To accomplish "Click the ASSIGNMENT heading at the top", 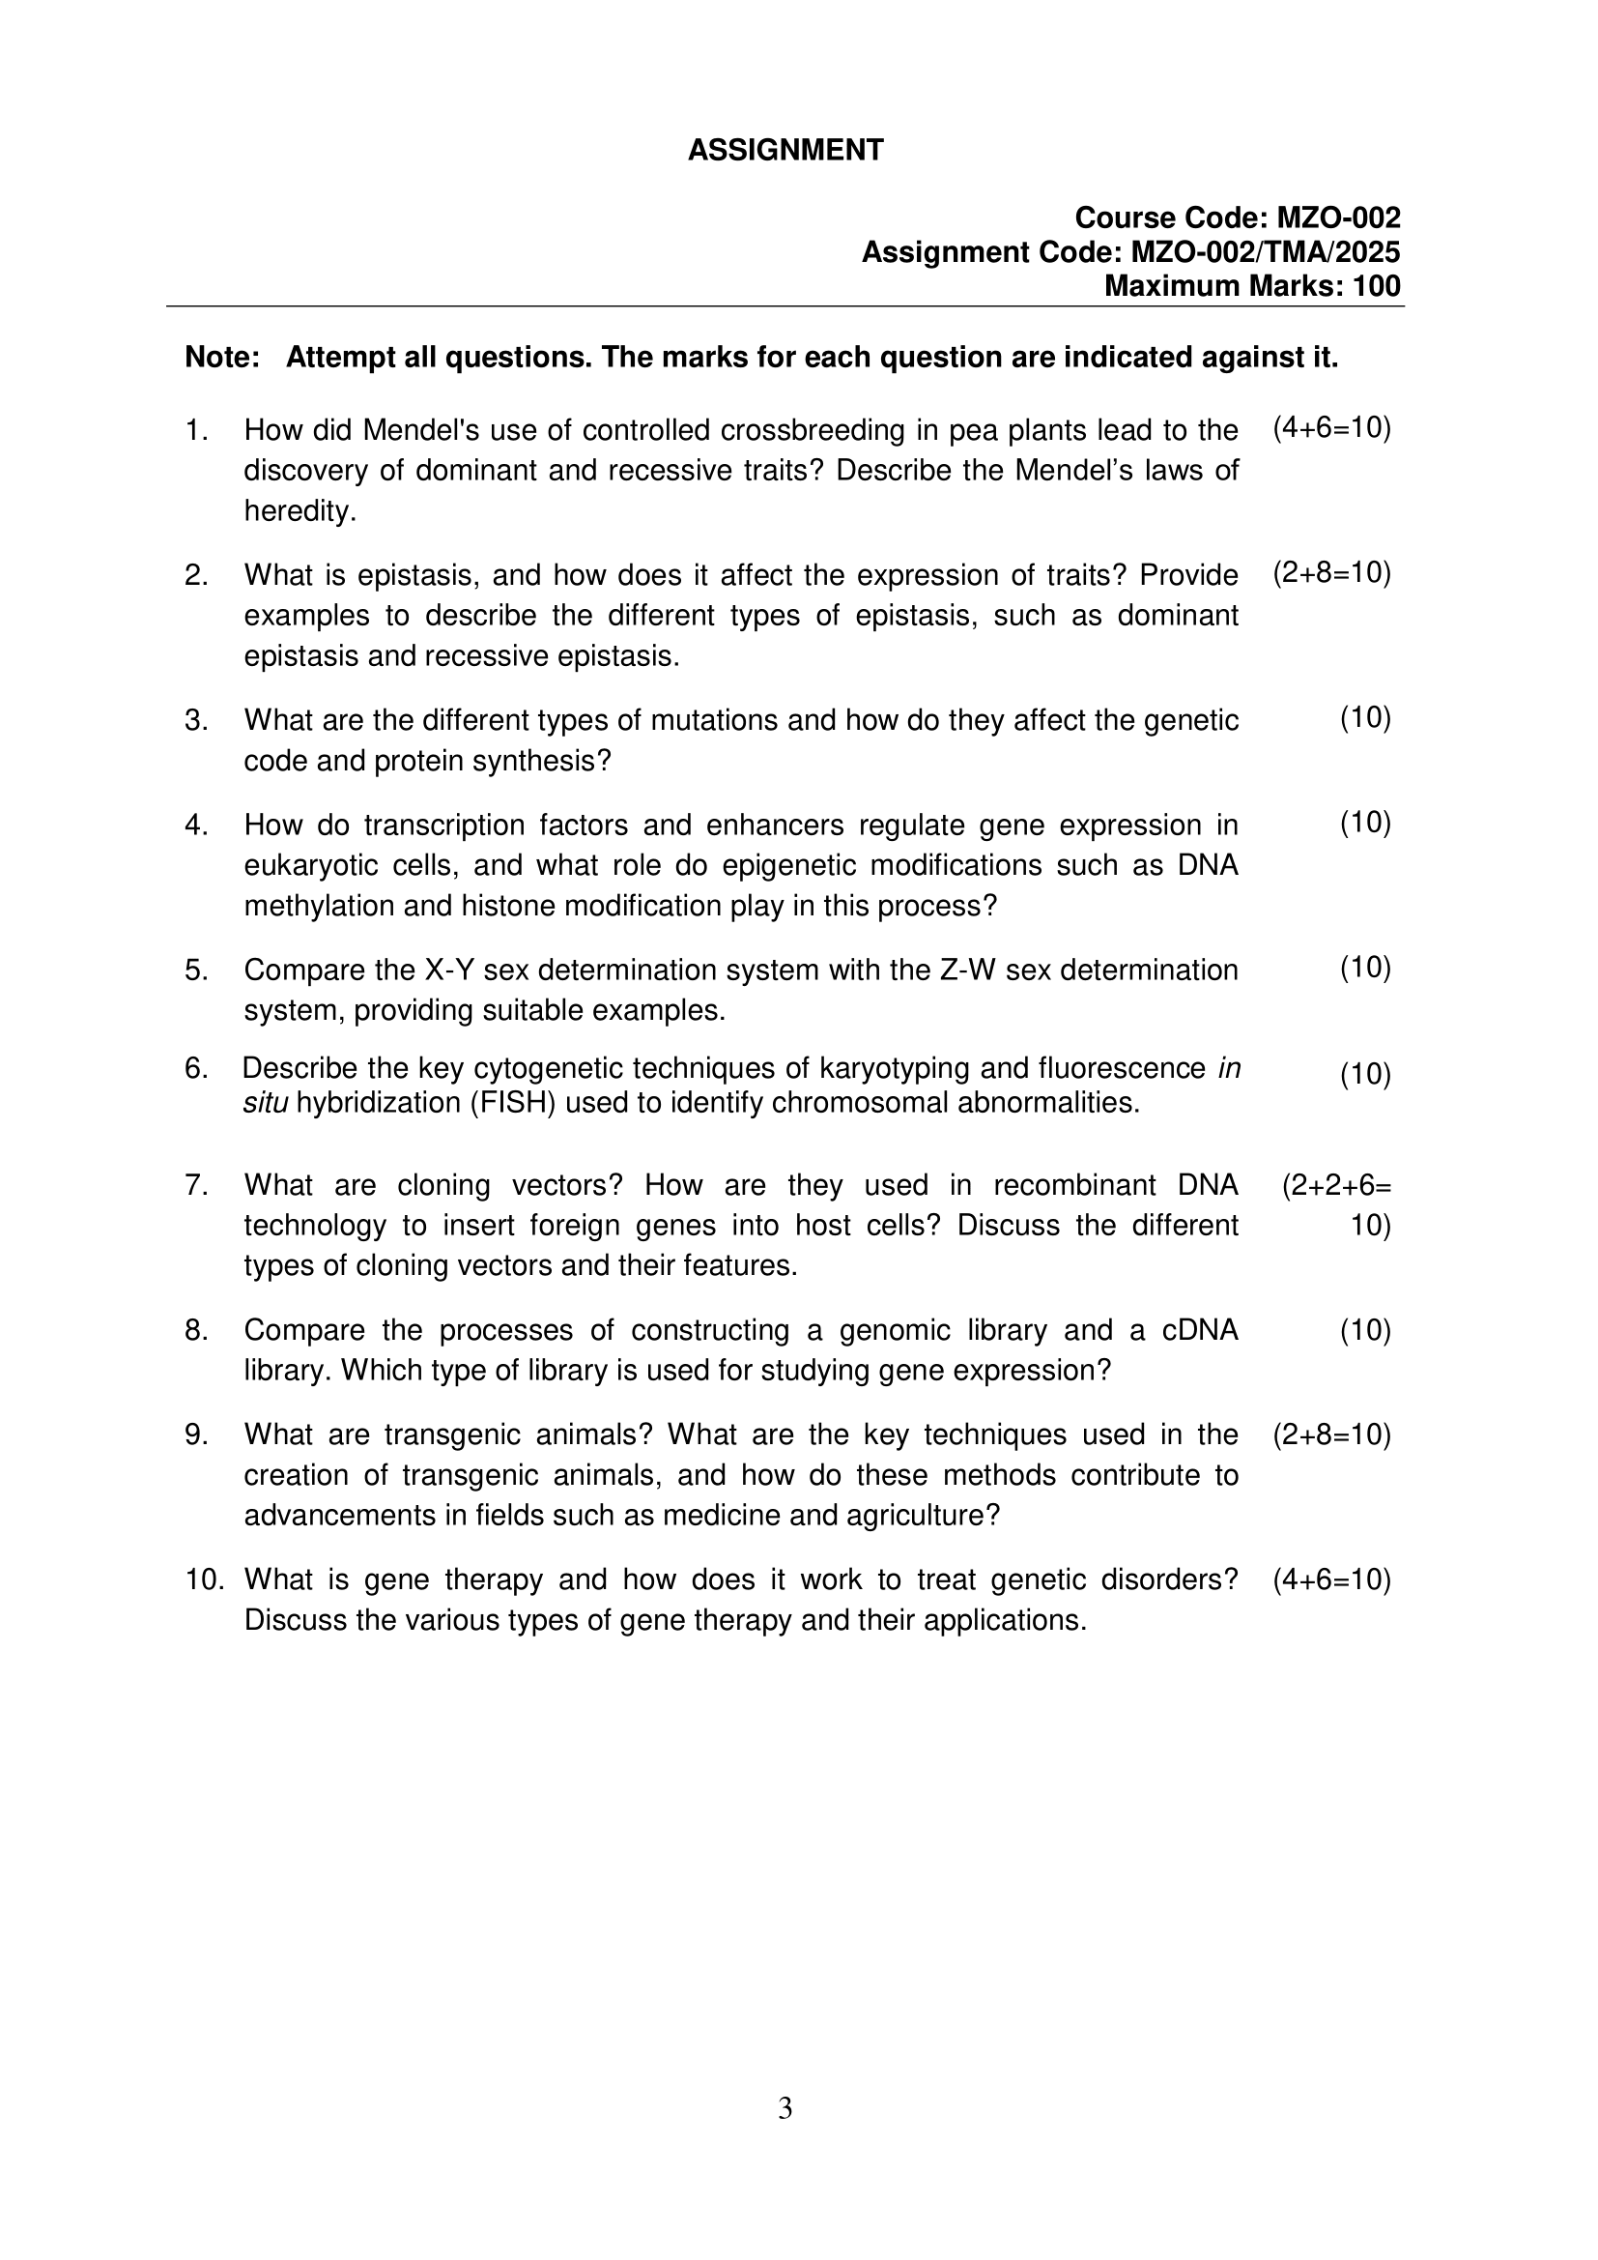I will (785, 151).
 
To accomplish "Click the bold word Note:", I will (222, 358).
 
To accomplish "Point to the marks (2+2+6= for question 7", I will (1335, 1186).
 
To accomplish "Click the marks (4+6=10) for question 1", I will (1331, 428).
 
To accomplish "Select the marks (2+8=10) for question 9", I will (1331, 1436).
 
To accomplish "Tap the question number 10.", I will (204, 1579).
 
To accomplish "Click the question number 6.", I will (196, 1069).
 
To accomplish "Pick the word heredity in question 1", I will (299, 512).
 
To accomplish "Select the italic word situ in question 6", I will (265, 1104).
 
